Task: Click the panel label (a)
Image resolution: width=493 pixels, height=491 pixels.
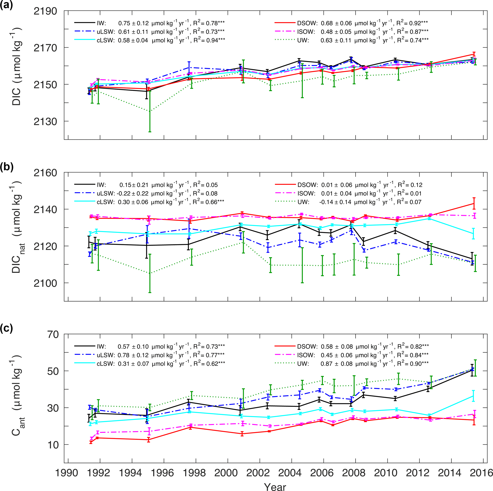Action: [x=6, y=5]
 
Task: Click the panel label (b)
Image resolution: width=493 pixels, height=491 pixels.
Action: [x=6, y=167]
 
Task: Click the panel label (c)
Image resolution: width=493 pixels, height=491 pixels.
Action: [x=6, y=329]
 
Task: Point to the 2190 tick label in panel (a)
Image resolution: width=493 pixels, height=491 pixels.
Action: [x=45, y=11]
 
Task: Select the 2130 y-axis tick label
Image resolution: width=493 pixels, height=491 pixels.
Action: [x=45, y=122]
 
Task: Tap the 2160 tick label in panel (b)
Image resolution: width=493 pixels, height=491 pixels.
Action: [x=45, y=173]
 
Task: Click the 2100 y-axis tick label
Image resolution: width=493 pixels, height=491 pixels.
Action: [x=45, y=283]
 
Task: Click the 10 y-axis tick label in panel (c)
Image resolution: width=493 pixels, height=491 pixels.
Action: [x=53, y=445]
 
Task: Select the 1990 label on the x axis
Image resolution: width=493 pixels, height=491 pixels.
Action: [x=67, y=473]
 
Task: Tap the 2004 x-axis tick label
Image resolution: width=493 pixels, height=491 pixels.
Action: [x=290, y=473]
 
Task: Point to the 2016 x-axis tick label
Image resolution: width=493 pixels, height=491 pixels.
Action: [x=482, y=473]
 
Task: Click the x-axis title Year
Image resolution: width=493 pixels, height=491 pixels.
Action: [x=275, y=486]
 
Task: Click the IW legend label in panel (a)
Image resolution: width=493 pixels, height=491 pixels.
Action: [x=101, y=23]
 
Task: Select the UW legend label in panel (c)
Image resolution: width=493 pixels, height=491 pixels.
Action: [x=303, y=364]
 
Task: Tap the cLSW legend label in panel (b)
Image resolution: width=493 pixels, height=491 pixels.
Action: [x=106, y=202]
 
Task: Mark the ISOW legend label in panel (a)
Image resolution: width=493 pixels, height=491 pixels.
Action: [x=306, y=32]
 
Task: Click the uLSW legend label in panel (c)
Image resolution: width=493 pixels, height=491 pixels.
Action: [x=106, y=355]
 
